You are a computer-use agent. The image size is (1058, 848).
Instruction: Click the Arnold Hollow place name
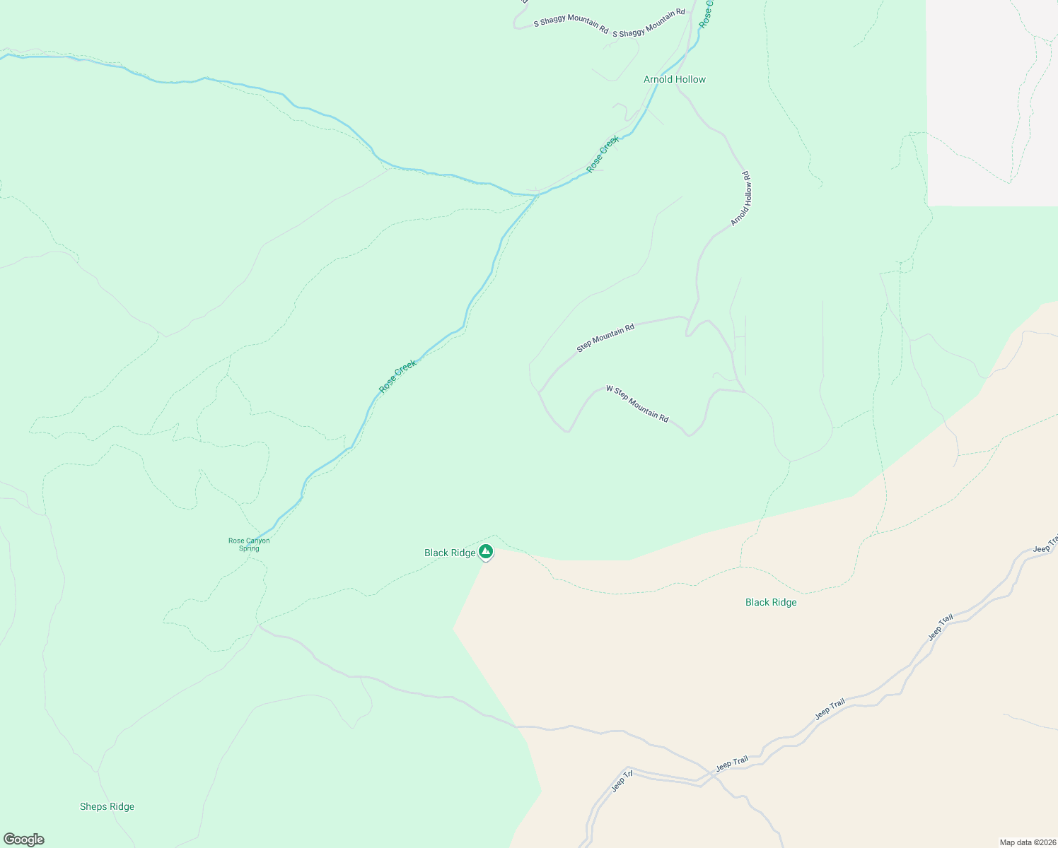[674, 79]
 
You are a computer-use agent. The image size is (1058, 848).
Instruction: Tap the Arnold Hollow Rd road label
[740, 199]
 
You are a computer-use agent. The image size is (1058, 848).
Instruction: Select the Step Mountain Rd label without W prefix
[605, 338]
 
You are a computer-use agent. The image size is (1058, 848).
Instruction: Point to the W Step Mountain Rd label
[637, 404]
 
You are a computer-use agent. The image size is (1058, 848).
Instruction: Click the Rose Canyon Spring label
[249, 544]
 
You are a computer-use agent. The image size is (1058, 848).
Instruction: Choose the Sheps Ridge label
[107, 806]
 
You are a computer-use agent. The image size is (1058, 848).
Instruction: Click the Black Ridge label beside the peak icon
[450, 553]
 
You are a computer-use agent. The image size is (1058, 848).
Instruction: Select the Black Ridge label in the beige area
[771, 602]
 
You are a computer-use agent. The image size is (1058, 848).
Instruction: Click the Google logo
[23, 840]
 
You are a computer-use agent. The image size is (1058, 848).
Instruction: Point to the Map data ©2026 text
[1028, 842]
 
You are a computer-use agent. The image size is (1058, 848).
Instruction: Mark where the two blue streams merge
[537, 194]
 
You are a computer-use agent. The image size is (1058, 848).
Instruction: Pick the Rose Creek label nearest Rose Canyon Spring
[397, 376]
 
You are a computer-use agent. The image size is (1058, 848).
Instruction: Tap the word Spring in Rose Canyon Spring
[249, 548]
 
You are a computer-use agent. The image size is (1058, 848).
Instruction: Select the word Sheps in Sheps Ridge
[93, 806]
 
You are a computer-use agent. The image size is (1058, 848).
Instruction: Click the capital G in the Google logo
[9, 840]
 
